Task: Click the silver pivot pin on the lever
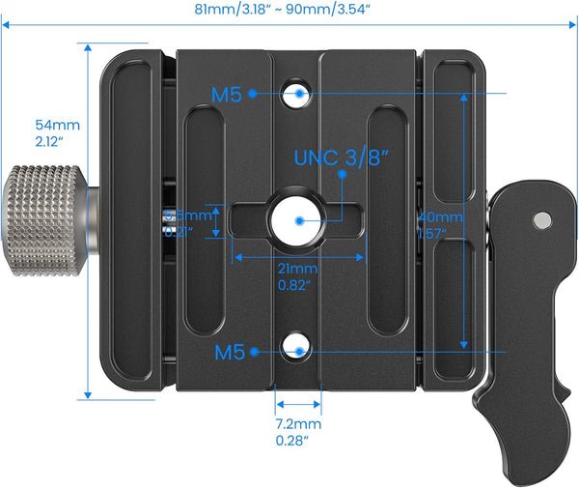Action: pos(543,221)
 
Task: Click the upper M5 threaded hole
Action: pos(300,94)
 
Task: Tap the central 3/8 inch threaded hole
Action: pos(299,220)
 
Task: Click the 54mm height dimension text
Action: pos(57,125)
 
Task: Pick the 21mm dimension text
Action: pos(297,269)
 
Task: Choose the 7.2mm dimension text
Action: pos(296,423)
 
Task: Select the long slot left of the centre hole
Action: pos(205,221)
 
